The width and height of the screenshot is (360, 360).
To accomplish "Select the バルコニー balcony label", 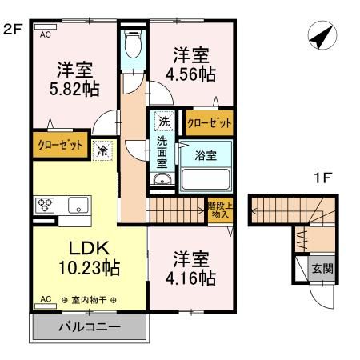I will point(90,328).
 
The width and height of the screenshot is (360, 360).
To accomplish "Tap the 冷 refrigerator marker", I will point(102,149).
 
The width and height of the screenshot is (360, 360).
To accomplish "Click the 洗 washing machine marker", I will point(163,122).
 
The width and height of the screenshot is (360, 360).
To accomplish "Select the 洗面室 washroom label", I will point(162,151).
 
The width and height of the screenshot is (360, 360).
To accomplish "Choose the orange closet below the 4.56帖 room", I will point(210,123).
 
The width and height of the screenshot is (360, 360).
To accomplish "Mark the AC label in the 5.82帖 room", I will point(45,34).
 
